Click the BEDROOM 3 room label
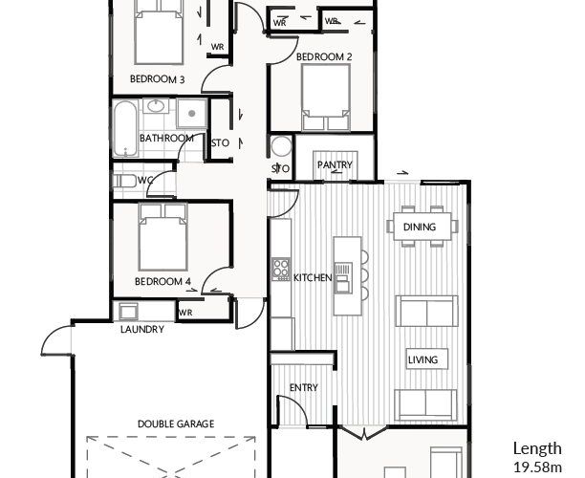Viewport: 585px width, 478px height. point(157,79)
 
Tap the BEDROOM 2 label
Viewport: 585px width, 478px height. point(324,57)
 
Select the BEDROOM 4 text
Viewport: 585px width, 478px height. point(162,281)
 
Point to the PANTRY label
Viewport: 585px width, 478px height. point(335,164)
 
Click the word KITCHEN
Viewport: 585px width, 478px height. point(313,277)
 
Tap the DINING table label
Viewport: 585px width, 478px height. point(420,227)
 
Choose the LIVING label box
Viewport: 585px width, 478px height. point(427,359)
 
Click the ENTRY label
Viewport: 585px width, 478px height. point(304,388)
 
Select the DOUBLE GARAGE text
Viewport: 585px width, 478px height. point(176,424)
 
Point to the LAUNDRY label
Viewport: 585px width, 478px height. point(142,329)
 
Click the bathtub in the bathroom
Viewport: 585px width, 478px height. point(125,128)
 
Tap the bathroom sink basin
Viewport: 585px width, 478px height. point(156,106)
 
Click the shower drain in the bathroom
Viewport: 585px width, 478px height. point(191,113)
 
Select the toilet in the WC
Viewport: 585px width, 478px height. point(124,181)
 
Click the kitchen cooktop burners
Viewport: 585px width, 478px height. point(281,269)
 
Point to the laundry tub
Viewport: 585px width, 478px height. point(128,312)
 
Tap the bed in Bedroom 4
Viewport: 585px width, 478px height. point(162,236)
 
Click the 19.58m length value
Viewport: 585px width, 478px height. point(537,467)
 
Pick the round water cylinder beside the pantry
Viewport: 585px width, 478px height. point(281,146)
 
